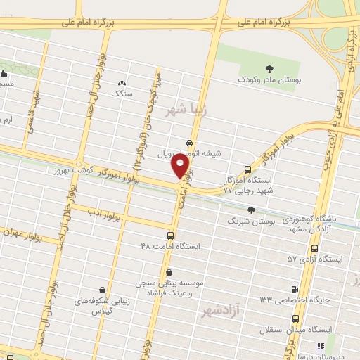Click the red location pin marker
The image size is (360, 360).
(x=181, y=167)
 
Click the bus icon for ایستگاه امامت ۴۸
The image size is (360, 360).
(x=171, y=236)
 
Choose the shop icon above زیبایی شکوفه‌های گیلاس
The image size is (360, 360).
(x=103, y=289)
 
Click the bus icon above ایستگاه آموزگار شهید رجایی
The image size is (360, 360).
(x=247, y=169)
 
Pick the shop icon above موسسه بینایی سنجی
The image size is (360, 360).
(x=168, y=271)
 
